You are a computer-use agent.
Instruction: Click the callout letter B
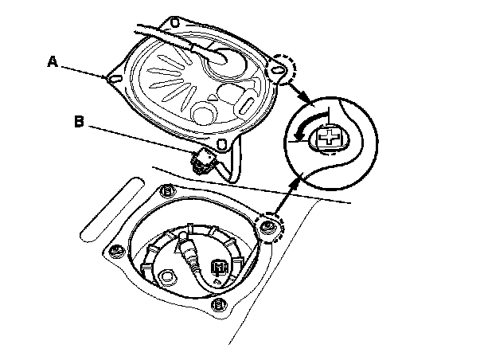tap(78, 123)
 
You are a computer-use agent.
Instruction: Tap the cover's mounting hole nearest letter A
tap(110, 78)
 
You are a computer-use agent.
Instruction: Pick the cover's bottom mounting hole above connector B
tap(232, 143)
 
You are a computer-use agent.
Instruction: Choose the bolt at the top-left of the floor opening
tap(166, 191)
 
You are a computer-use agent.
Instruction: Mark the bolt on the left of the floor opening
tap(116, 251)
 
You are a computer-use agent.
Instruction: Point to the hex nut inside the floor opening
tap(166, 278)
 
